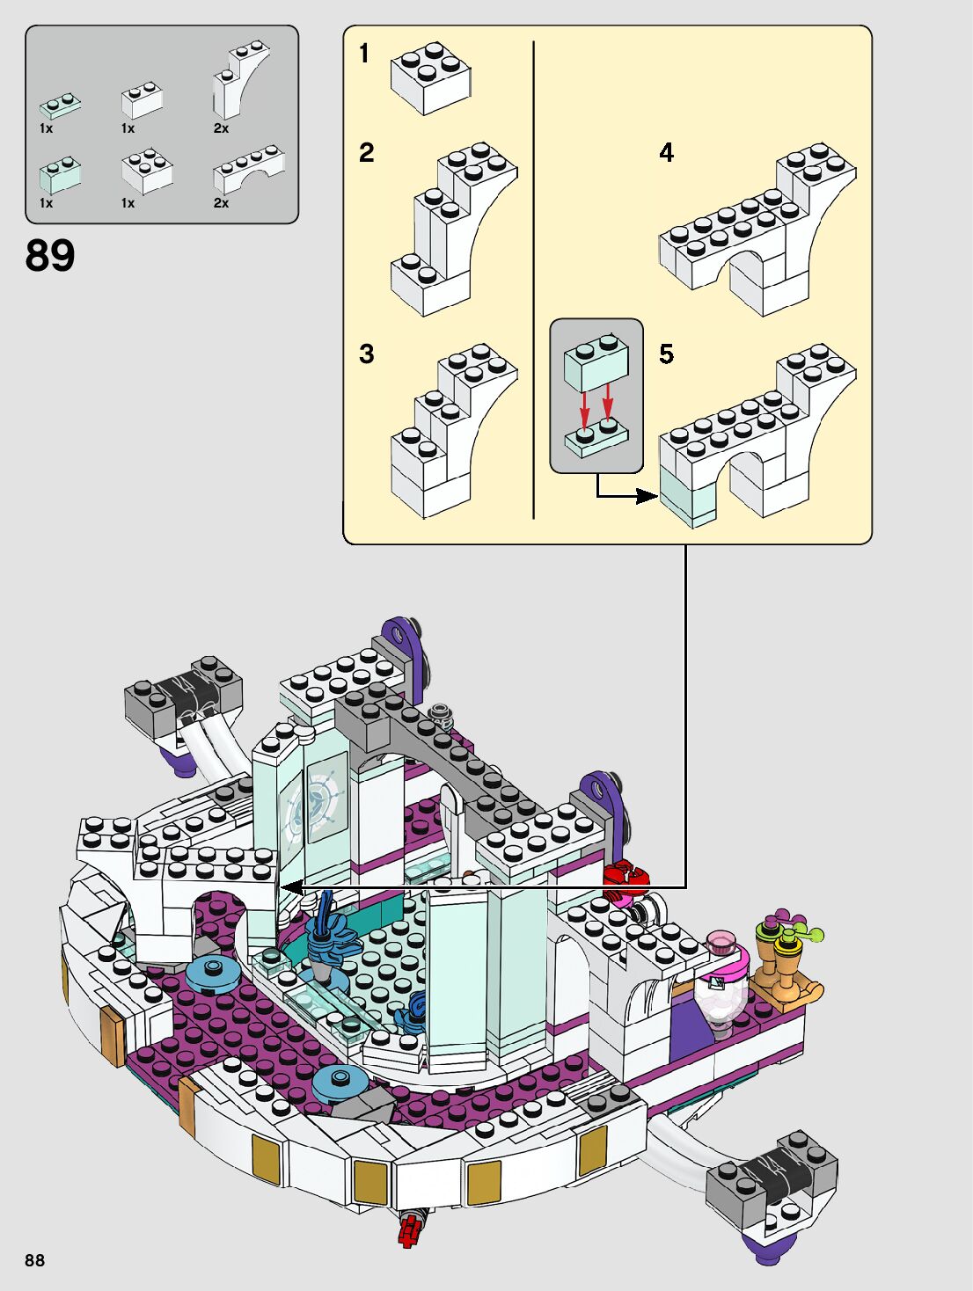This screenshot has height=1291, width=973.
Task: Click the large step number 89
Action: pyautogui.click(x=50, y=256)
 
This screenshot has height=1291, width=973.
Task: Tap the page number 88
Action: pyautogui.click(x=34, y=1259)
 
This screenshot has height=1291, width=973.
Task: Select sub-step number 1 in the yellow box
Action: pyautogui.click(x=364, y=54)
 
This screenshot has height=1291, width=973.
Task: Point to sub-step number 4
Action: pyautogui.click(x=666, y=153)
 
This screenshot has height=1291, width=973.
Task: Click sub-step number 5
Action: pyautogui.click(x=666, y=354)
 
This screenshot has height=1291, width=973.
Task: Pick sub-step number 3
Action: pyautogui.click(x=367, y=354)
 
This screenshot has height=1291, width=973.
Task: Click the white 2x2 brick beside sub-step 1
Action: pyautogui.click(x=430, y=77)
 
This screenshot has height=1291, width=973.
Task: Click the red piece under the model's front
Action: pyautogui.click(x=408, y=1229)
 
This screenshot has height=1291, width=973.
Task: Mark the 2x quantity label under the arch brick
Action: pyautogui.click(x=221, y=203)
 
